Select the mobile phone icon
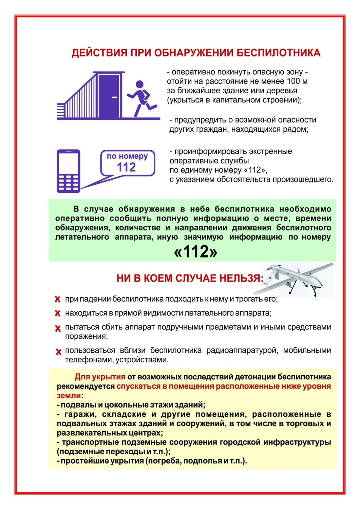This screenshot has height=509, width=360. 69,171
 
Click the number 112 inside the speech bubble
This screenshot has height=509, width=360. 126,167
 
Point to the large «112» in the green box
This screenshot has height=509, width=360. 195,252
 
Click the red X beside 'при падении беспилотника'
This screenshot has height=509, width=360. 58,299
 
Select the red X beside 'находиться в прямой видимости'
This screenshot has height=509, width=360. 58,313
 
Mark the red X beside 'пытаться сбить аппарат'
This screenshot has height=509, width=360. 58,328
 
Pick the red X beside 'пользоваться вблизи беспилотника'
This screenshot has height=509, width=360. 58,352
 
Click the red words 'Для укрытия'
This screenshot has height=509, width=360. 100,377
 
